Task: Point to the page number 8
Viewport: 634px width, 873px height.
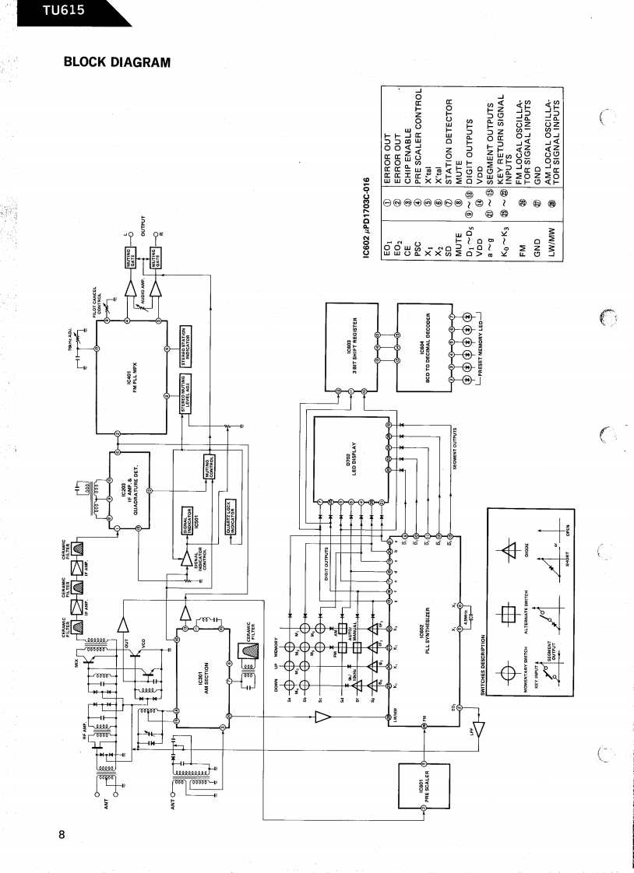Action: [x=62, y=836]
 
